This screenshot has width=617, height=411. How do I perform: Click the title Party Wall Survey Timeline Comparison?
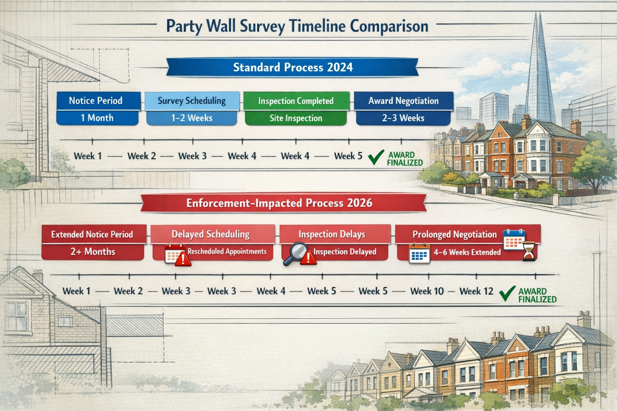click(x=297, y=26)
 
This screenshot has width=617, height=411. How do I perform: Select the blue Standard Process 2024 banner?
click(x=292, y=67)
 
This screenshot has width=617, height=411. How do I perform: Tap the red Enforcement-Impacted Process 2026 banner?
click(x=279, y=203)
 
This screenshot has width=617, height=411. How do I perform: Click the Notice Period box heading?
click(x=96, y=101)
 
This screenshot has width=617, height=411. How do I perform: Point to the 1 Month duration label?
click(x=97, y=118)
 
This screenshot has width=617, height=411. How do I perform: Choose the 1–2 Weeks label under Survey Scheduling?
click(x=192, y=118)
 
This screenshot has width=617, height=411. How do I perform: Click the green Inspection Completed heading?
click(x=296, y=101)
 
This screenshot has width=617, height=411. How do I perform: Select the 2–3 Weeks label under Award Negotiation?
click(x=403, y=118)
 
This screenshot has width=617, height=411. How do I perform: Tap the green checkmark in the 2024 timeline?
click(x=376, y=157)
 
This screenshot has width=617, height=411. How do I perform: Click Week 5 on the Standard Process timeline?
click(x=348, y=156)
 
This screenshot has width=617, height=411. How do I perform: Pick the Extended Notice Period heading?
click(x=92, y=234)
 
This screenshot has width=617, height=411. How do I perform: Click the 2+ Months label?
click(x=93, y=252)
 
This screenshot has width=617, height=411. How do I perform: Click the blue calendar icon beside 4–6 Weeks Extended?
click(x=419, y=254)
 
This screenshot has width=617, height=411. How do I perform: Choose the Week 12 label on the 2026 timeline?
click(x=476, y=291)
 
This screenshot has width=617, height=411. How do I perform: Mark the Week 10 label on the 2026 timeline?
click(x=427, y=291)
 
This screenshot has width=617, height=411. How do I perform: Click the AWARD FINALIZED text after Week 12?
click(x=537, y=295)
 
